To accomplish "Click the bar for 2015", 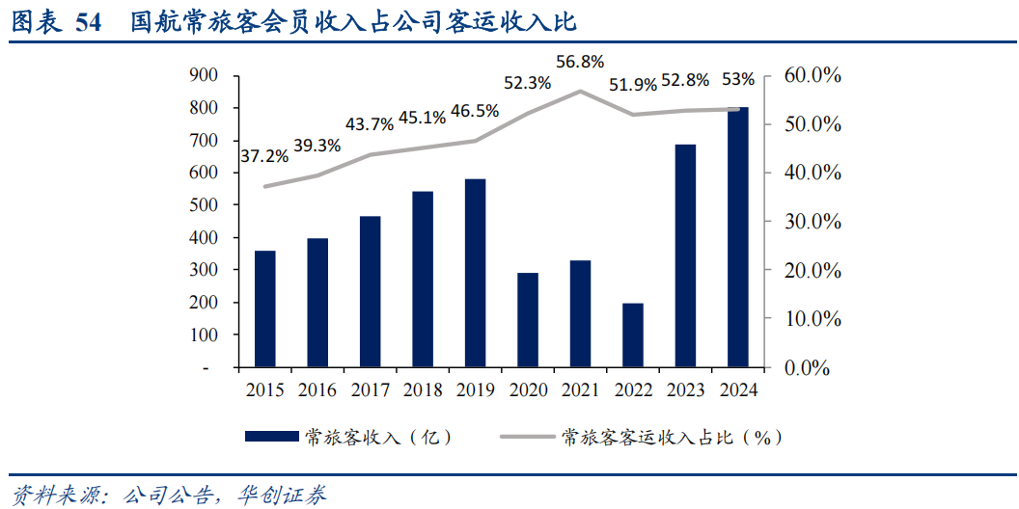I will point(265,309).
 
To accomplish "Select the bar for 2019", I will point(475,274).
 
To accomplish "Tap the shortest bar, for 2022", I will point(632,335).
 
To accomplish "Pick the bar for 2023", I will point(685,256).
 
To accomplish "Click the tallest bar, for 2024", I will point(737,237).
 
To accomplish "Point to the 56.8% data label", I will point(580,62).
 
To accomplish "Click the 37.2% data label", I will point(264,155).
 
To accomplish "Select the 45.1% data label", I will point(422,118).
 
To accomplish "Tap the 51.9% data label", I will point(633,84).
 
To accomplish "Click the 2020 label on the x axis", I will point(527,390).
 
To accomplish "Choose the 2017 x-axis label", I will point(370,390).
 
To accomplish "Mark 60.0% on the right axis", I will point(812,76).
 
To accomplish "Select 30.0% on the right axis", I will point(812,222).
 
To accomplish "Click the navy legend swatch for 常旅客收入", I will point(271,437).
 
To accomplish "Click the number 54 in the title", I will point(88,22).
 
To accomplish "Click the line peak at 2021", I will point(580,91).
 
